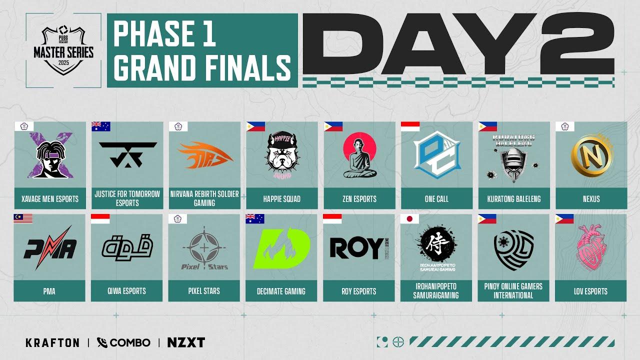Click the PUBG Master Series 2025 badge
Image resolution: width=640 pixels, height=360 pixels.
tap(63, 50)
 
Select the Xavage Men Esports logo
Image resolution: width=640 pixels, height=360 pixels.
tap(49, 155)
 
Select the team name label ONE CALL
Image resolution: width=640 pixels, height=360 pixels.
tap(436, 199)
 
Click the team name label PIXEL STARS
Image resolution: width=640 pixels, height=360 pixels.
tap(204, 291)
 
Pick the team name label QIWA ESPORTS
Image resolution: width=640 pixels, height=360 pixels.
tap(127, 291)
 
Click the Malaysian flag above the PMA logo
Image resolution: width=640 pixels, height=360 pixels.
tap(23, 218)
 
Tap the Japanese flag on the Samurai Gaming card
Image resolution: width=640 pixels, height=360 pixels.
tap(409, 218)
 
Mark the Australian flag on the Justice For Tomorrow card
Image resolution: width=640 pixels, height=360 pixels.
tap(100, 126)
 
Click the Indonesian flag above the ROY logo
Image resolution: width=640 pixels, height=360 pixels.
tap(332, 218)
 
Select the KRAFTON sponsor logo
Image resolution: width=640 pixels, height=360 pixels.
tap(52, 342)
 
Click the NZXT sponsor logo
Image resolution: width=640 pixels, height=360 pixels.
tap(186, 342)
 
